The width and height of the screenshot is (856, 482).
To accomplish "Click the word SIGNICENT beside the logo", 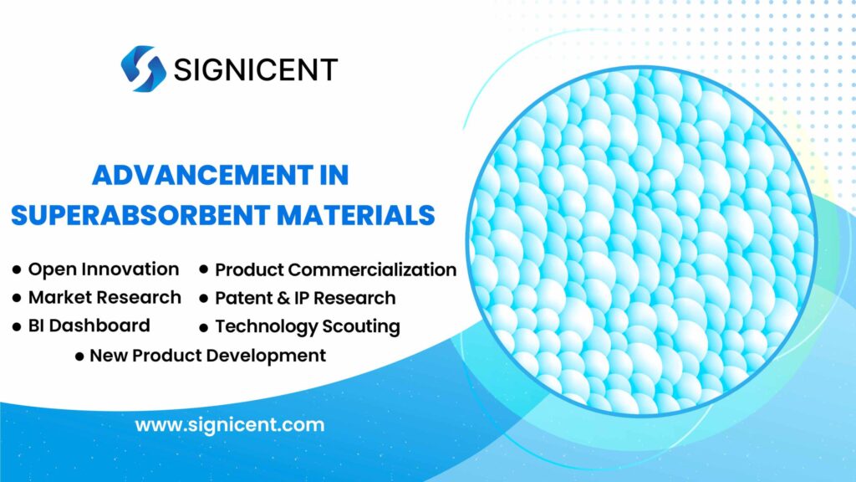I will coord(256,69).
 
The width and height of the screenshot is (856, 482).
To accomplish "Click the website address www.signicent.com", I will coord(230,424).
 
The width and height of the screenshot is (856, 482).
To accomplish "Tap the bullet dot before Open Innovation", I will coord(17,270).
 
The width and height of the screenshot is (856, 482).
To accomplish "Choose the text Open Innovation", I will coord(103,269).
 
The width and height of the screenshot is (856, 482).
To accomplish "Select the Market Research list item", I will coord(104,297).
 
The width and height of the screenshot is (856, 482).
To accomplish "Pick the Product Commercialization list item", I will coord(335,270).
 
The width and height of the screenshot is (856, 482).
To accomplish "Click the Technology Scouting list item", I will coord(307,326).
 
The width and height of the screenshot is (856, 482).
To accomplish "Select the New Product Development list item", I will coord(207,356).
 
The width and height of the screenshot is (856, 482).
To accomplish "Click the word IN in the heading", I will coord(332,177).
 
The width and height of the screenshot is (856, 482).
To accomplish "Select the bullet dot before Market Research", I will coord(17,298).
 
